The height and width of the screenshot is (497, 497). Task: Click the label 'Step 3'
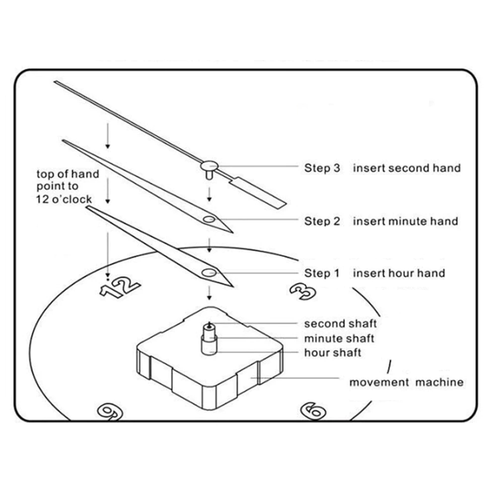click(322, 168)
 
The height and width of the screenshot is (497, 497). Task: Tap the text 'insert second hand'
click(407, 168)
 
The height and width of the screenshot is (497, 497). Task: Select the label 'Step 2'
click(322, 221)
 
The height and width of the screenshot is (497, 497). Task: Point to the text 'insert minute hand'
click(406, 221)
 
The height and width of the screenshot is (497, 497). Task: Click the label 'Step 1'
click(322, 273)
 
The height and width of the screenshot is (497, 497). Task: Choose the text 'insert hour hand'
click(399, 273)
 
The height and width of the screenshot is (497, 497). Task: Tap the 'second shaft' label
click(340, 324)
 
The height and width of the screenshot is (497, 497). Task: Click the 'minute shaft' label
click(339, 338)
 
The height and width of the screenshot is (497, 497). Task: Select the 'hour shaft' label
click(333, 353)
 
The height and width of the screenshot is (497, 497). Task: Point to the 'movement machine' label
click(406, 382)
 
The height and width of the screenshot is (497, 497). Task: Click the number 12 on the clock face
click(120, 286)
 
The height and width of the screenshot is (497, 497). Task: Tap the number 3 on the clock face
click(303, 291)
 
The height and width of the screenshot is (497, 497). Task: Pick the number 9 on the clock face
click(110, 412)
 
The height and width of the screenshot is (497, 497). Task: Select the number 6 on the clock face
click(313, 411)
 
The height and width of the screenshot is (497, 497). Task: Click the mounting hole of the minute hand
click(209, 219)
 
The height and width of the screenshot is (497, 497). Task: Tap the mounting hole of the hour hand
click(209, 272)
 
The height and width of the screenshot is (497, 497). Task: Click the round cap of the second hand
click(209, 166)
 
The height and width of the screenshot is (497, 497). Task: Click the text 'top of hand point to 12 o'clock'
click(68, 186)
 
